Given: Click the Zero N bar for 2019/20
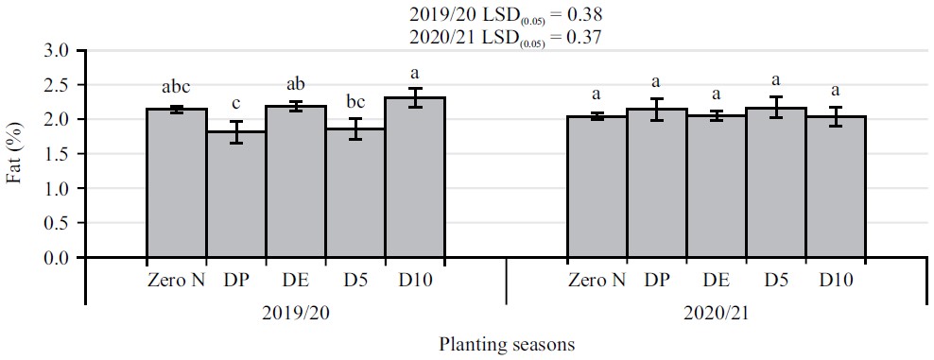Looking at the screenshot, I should coord(177,183).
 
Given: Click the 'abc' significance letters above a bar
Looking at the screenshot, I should coord(177,89).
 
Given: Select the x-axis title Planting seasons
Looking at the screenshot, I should coord(507,345).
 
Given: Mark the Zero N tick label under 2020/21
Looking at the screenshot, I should coord(597,281).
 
